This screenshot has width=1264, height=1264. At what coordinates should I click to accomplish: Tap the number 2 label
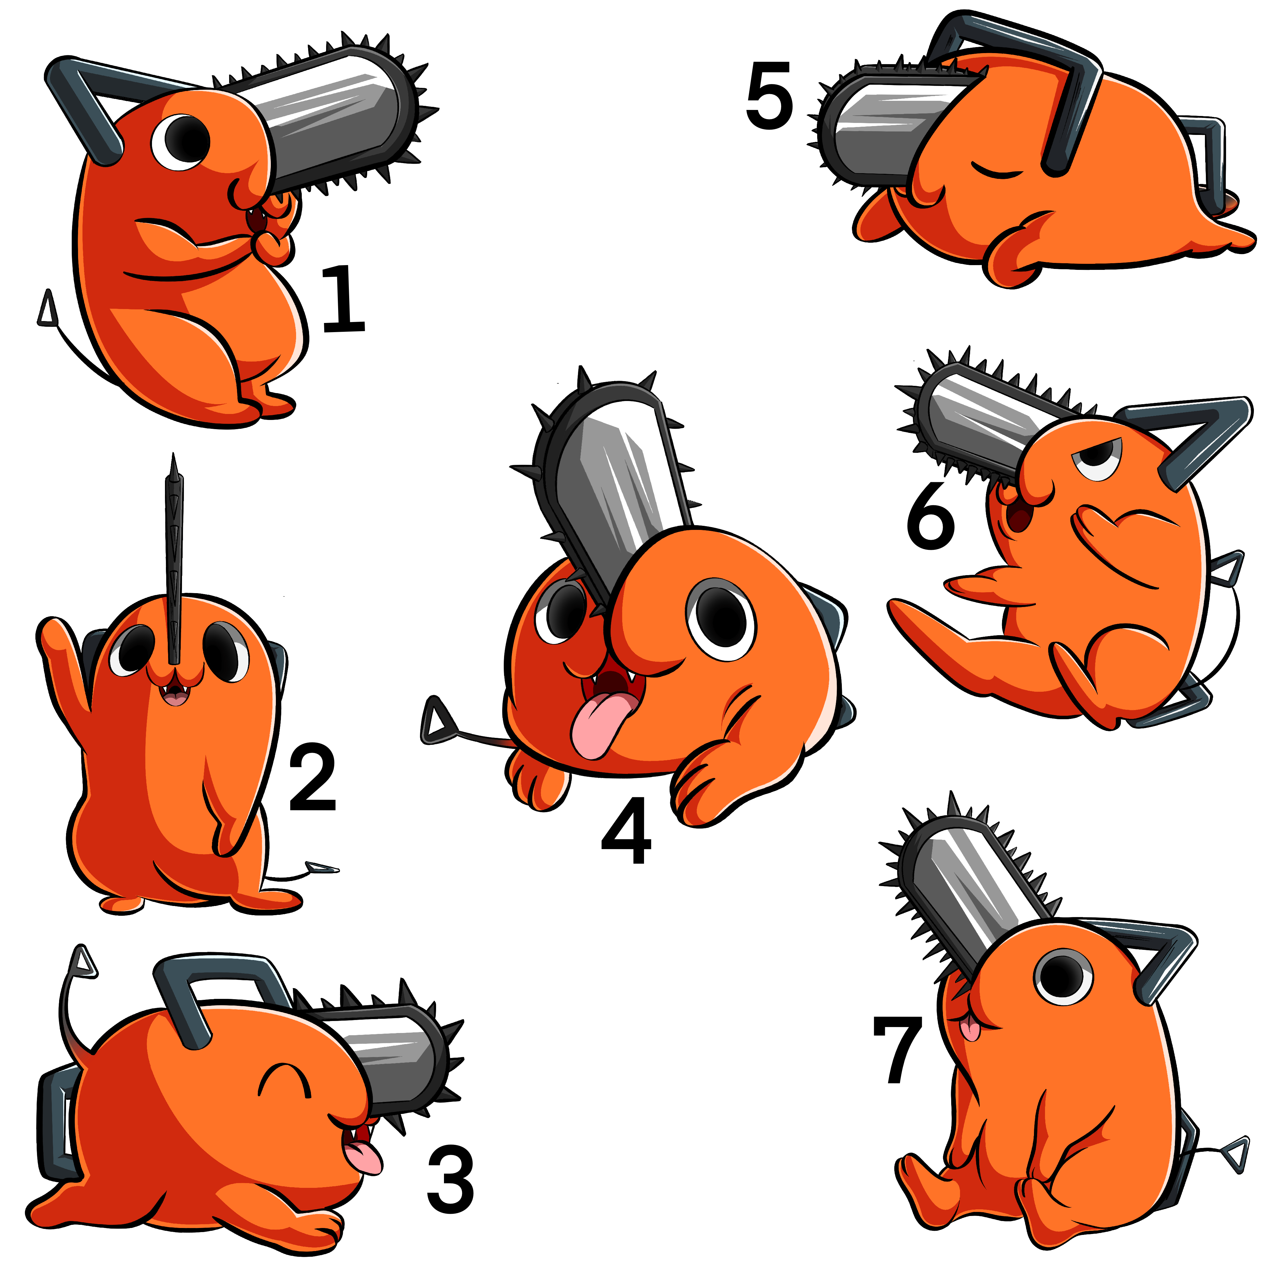(313, 777)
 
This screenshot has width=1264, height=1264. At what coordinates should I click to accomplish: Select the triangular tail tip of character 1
(46, 309)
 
